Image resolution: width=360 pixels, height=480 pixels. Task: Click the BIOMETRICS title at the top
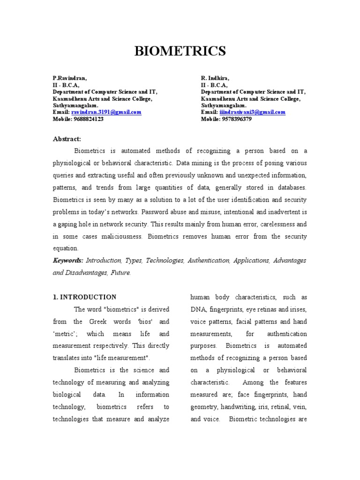180,51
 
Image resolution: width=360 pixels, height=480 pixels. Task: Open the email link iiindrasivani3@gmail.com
252,112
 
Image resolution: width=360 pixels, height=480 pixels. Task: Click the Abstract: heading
67,139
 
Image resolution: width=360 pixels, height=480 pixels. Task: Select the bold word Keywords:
67,261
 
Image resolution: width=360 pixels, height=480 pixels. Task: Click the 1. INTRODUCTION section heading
84,297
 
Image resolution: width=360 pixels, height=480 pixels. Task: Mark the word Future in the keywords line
120,273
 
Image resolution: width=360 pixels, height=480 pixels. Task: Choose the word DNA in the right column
197,310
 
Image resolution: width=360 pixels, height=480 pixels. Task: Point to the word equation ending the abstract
66,248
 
